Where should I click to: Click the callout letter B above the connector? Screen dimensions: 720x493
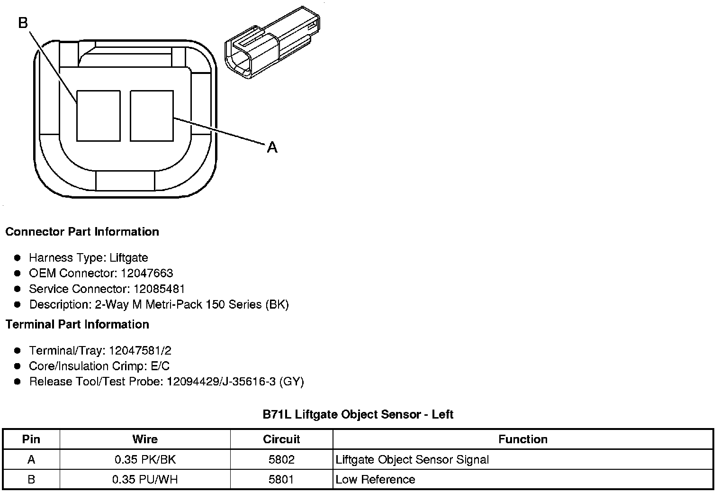[x=23, y=23]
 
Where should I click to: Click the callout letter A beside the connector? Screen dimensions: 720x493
[x=272, y=147]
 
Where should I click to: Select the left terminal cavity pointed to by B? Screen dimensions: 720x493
[x=99, y=116]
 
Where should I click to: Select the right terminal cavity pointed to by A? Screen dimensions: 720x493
[x=152, y=116]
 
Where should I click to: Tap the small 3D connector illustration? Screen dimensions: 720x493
[x=272, y=43]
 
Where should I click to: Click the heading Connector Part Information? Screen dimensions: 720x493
[x=82, y=231]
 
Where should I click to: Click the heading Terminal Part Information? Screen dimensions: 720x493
[x=78, y=324]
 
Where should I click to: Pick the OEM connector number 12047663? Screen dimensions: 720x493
[x=147, y=273]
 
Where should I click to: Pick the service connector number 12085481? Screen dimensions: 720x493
[x=159, y=289]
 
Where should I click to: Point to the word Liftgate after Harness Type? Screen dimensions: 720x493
[x=128, y=257]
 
